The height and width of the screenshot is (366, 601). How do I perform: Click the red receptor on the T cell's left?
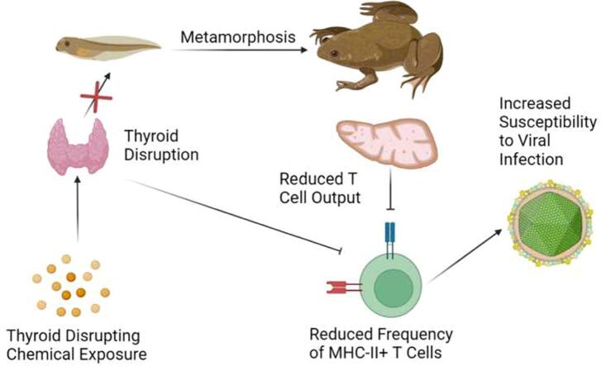[341, 287]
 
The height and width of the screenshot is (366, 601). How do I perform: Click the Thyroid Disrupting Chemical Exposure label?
[75, 346]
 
